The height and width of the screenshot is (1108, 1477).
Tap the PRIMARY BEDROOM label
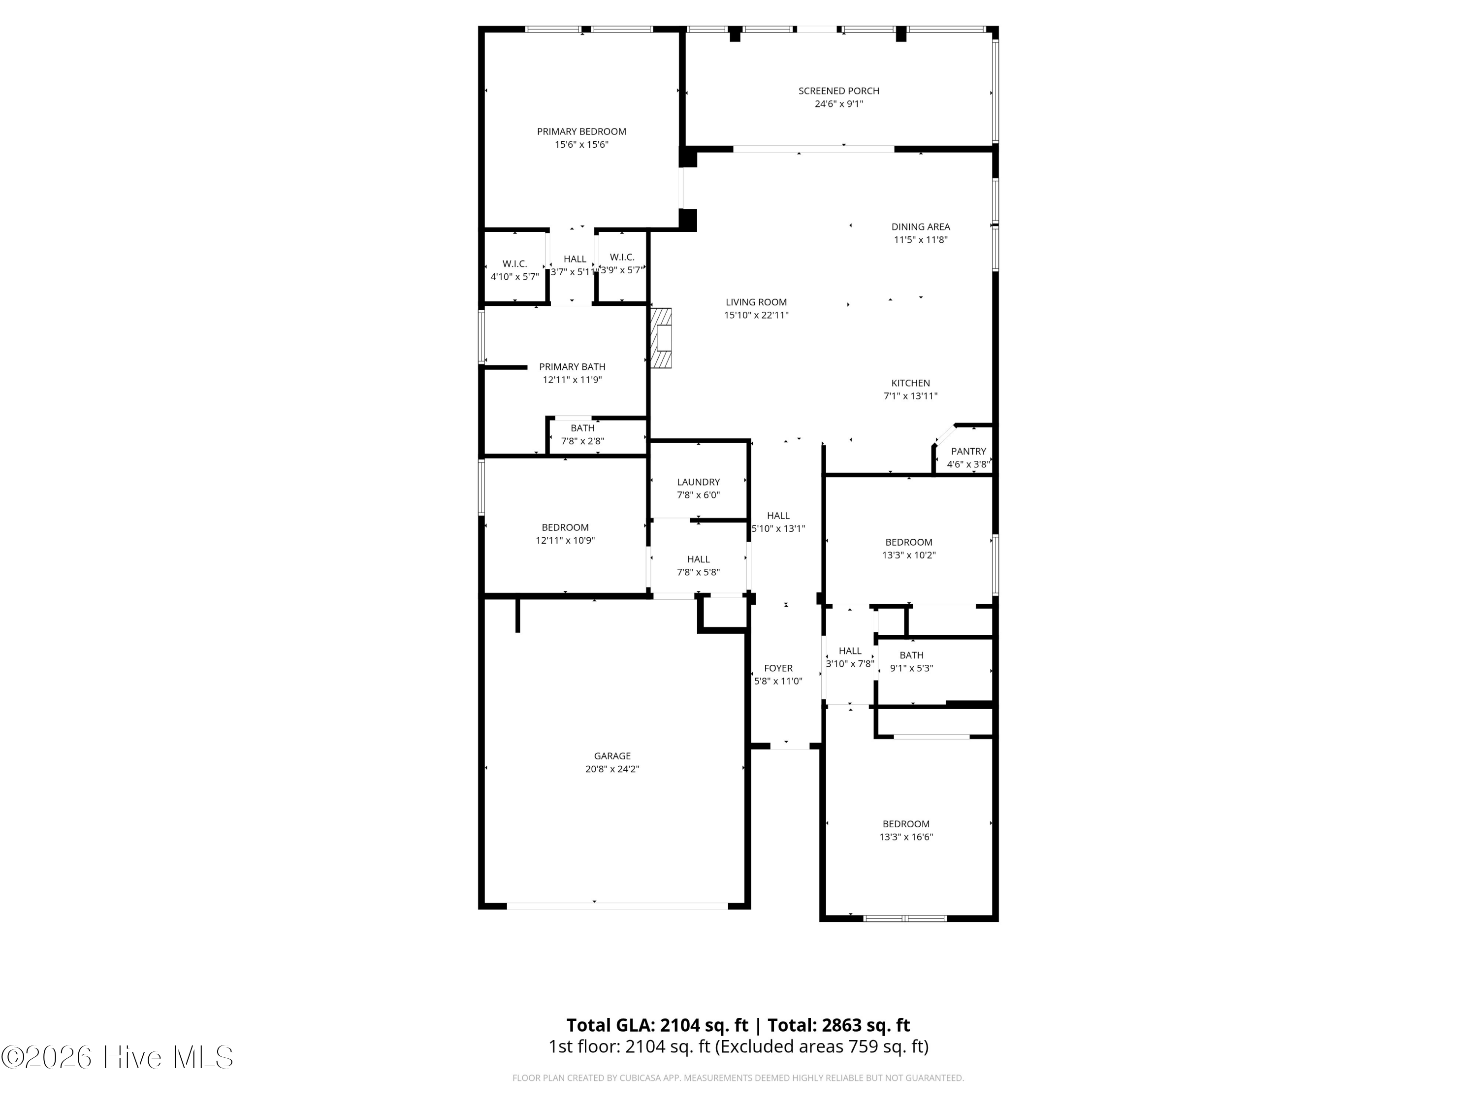[581, 131]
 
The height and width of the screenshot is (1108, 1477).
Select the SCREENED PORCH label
[838, 91]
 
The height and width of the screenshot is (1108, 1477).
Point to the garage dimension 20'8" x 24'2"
[612, 769]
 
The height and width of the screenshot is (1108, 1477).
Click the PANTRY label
[968, 452]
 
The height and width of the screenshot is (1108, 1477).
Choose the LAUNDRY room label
[699, 482]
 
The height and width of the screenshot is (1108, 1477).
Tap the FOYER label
[778, 668]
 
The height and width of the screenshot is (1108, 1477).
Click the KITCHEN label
[911, 383]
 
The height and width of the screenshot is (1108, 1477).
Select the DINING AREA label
[921, 227]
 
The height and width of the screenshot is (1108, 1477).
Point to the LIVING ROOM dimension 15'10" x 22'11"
[757, 315]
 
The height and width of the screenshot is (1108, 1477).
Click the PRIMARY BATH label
[572, 367]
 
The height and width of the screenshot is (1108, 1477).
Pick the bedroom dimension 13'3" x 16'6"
[906, 837]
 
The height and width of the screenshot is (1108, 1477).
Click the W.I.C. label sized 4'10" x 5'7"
[515, 264]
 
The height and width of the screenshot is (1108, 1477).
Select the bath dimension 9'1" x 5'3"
[911, 668]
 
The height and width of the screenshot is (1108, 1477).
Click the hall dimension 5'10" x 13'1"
[778, 528]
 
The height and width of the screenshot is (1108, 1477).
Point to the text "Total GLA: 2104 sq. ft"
[657, 1025]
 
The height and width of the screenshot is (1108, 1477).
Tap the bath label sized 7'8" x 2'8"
[582, 428]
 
